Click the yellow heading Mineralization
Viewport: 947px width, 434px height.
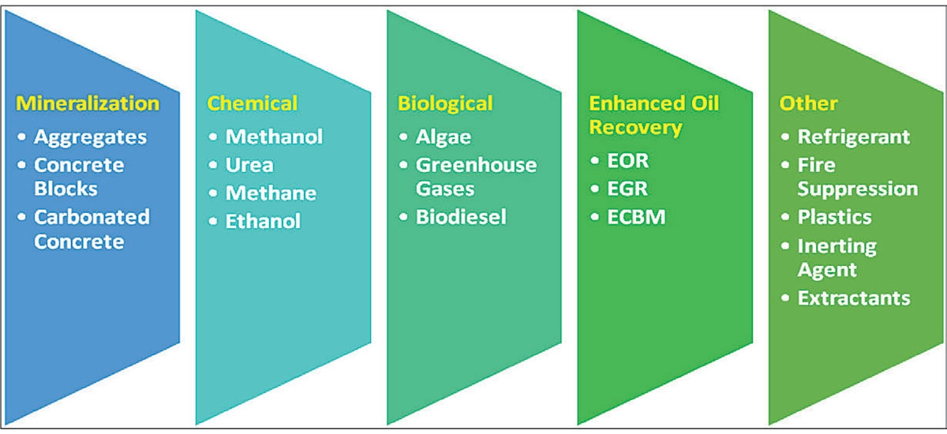point(88,103)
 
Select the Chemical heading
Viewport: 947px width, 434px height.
point(253,103)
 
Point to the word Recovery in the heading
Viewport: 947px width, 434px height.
point(635,128)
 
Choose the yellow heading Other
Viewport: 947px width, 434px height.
point(808,103)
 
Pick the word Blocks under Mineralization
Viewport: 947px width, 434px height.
point(66,189)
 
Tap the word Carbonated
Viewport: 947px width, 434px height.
point(92,217)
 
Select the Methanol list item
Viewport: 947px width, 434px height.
point(274,137)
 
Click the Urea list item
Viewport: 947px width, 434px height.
point(249,165)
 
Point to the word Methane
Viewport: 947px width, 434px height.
point(271,193)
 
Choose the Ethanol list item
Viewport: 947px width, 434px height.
point(263,221)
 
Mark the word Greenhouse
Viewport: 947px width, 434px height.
point(476,165)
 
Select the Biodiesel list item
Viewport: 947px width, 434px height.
point(461,217)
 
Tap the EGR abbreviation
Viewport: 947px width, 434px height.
point(627,189)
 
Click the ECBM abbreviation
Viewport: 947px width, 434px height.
point(636,217)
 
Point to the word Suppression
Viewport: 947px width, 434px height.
point(858,189)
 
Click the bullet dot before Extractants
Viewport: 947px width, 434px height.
point(785,298)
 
